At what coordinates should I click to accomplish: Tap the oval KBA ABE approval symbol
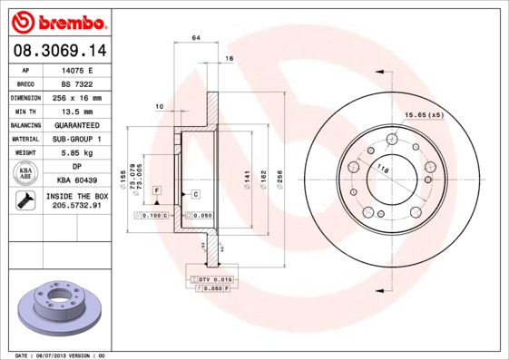(x=26, y=174)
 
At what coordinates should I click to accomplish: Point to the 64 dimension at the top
(x=195, y=37)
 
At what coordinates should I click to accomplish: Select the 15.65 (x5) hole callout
(x=424, y=115)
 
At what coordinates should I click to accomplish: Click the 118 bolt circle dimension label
(x=383, y=170)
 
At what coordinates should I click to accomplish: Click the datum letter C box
(x=195, y=195)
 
